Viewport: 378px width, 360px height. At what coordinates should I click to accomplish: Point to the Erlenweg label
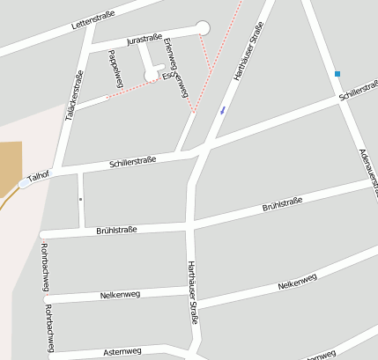pyautogui.click(x=171, y=54)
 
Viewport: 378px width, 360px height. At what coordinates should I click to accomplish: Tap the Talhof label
pyautogui.click(x=37, y=176)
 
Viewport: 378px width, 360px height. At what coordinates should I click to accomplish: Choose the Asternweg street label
pyautogui.click(x=122, y=351)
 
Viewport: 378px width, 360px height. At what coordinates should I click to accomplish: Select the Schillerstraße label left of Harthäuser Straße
pyautogui.click(x=133, y=162)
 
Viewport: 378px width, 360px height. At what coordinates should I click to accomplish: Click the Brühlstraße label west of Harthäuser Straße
pyautogui.click(x=116, y=230)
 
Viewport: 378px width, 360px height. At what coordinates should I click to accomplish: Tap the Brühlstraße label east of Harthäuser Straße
pyautogui.click(x=282, y=206)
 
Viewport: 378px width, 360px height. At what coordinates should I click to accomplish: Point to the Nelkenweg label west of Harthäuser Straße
pyautogui.click(x=121, y=294)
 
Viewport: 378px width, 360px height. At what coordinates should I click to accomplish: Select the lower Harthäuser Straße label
pyautogui.click(x=192, y=293)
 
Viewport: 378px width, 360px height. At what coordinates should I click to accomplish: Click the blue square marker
pyautogui.click(x=337, y=74)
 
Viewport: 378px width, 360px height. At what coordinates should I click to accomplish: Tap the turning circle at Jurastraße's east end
pyautogui.click(x=204, y=27)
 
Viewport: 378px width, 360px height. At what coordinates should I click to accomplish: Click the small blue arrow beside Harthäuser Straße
pyautogui.click(x=222, y=110)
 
